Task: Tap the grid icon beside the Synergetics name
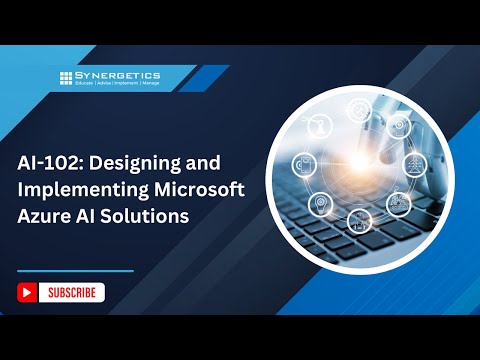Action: coord(66,78)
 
